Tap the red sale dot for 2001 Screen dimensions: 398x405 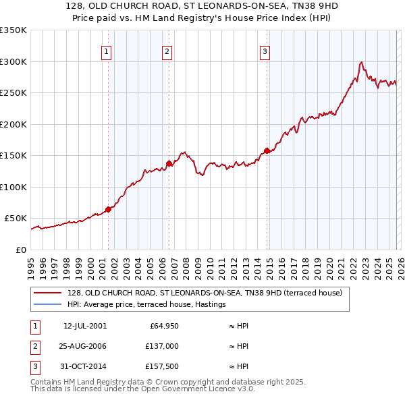[x=108, y=209]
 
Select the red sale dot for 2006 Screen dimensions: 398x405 [x=169, y=163]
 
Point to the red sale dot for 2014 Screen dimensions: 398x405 [x=267, y=150]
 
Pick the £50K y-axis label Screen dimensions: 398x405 [x=16, y=219]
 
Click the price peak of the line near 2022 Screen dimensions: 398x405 [x=362, y=62]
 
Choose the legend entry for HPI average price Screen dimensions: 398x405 [x=146, y=305]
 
